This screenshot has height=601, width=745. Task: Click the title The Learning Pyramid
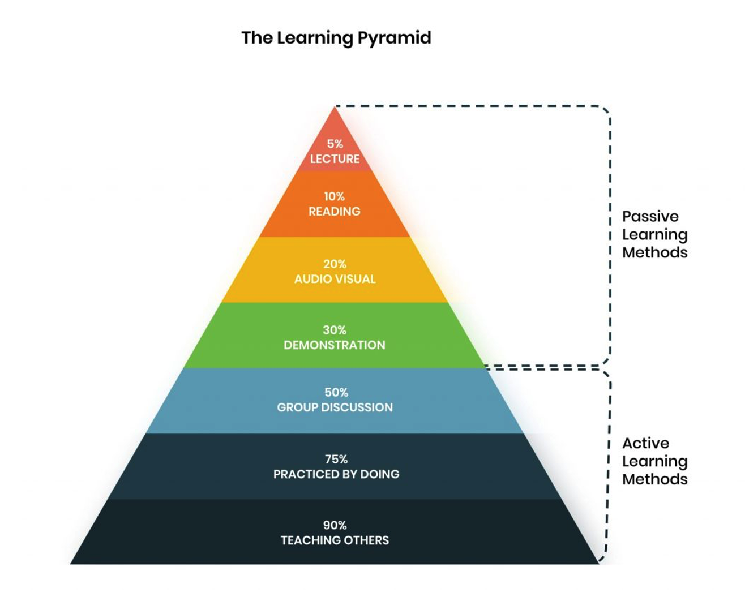[336, 38]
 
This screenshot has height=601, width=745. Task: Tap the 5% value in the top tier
[335, 144]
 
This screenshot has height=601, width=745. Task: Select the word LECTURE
[335, 159]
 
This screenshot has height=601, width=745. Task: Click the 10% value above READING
[334, 196]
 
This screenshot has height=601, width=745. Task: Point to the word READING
[334, 212]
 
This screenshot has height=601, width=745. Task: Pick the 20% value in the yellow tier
[335, 264]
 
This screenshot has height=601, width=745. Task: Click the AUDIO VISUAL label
[335, 279]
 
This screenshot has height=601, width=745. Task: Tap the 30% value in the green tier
[335, 330]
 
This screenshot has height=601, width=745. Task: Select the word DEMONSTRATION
[335, 345]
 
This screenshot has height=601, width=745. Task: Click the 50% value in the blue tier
[336, 392]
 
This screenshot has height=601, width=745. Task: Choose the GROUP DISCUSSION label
[335, 407]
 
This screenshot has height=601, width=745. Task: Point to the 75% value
[336, 459]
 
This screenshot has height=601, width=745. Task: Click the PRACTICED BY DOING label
[336, 474]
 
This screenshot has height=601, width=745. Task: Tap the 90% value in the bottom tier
[335, 525]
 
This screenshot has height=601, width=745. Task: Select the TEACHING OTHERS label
[335, 540]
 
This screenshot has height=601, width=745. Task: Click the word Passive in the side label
[650, 216]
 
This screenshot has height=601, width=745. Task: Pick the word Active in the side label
[645, 443]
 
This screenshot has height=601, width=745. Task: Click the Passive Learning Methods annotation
[654, 234]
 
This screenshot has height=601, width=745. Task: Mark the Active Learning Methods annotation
[654, 461]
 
